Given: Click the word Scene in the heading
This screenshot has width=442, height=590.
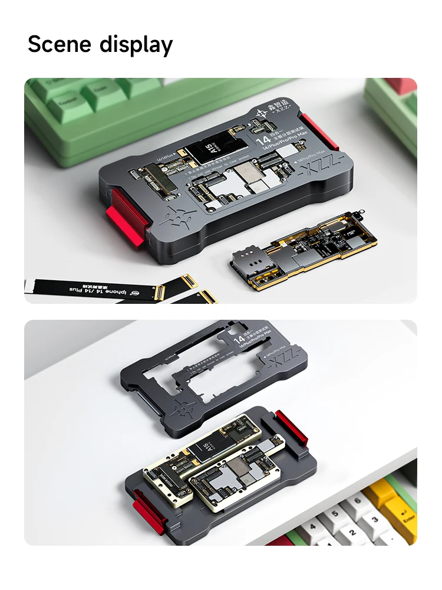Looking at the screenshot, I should pos(60,45).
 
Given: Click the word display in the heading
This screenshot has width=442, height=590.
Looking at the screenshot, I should pos(136,45).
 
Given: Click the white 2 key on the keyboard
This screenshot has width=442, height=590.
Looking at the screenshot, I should pos(341,534).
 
